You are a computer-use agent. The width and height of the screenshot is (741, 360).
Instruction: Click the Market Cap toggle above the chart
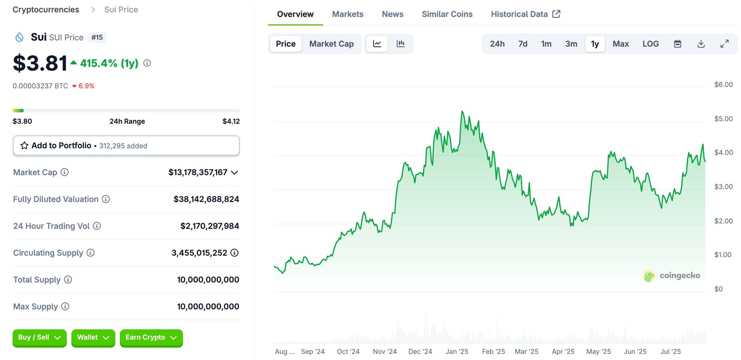click(x=331, y=44)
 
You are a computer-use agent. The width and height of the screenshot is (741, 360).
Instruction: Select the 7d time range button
click(x=522, y=44)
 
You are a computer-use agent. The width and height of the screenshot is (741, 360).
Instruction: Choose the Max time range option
click(x=620, y=44)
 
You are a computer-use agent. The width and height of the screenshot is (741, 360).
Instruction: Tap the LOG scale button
click(x=650, y=44)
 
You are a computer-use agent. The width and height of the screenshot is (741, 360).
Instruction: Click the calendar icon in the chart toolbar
click(x=677, y=44)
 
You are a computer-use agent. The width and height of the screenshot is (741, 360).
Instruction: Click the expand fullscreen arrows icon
click(x=724, y=44)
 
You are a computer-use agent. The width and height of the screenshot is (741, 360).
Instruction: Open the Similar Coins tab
click(x=447, y=14)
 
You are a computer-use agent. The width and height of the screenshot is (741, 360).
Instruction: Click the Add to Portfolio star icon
click(x=25, y=145)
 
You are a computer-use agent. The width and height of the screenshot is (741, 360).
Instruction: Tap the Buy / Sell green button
click(x=39, y=338)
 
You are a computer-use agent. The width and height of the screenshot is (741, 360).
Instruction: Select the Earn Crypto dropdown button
click(x=151, y=338)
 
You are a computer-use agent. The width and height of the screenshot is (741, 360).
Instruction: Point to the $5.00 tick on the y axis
click(x=723, y=119)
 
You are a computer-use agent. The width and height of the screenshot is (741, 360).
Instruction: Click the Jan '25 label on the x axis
click(x=457, y=352)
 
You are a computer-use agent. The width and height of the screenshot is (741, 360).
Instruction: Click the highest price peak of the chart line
click(x=462, y=112)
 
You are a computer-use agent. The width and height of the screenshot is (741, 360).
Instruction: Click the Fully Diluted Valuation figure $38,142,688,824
click(x=206, y=199)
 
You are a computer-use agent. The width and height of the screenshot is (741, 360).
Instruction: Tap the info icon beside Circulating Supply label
click(x=91, y=253)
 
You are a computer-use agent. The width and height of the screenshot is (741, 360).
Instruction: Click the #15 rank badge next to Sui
click(x=97, y=38)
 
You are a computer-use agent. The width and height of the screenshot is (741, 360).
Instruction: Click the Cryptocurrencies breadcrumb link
click(x=46, y=10)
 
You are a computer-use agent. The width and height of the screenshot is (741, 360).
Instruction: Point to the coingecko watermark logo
click(x=672, y=276)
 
